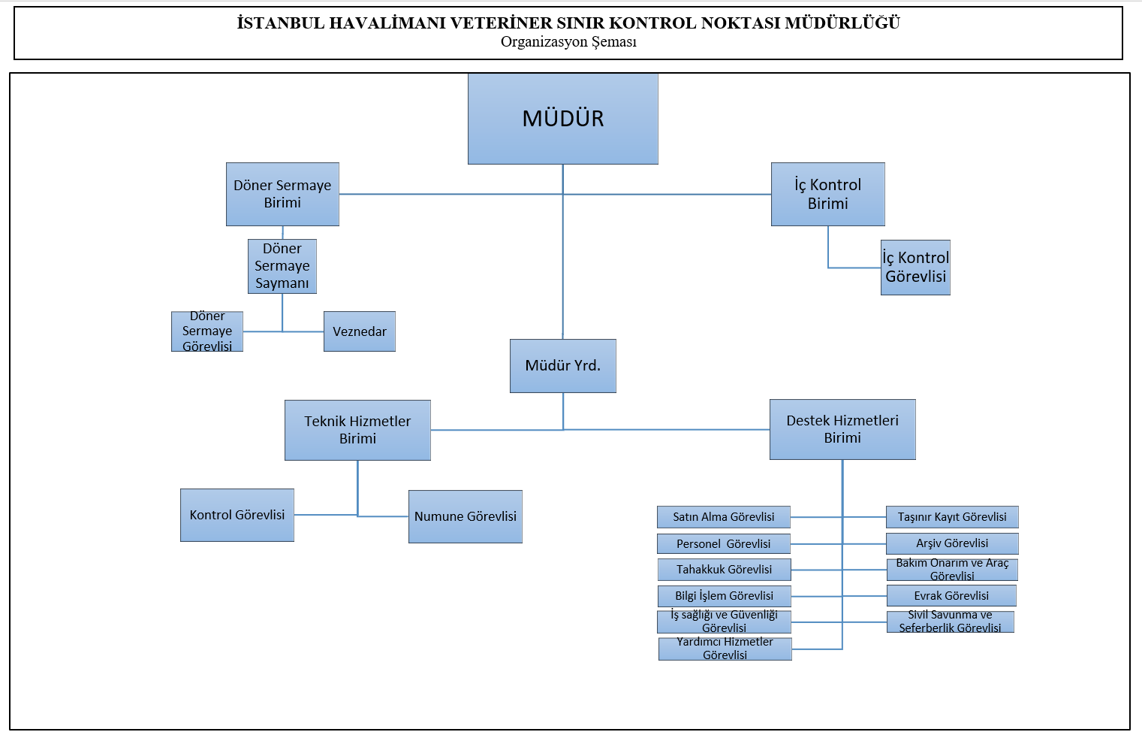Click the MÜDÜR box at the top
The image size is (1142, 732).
[x=563, y=119]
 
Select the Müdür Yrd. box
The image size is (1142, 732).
[x=563, y=366]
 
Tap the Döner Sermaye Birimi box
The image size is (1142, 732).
[x=282, y=194]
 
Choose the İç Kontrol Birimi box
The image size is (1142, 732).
[x=827, y=194]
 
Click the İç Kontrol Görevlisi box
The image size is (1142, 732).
[x=915, y=268]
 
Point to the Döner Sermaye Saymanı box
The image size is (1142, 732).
[x=282, y=266]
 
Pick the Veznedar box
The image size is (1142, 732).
[x=360, y=331]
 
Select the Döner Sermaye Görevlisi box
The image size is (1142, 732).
[x=207, y=331]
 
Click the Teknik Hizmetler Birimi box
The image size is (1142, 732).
[x=357, y=430]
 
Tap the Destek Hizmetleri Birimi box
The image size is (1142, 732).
[x=842, y=429]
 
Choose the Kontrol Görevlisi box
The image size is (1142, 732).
[x=237, y=515]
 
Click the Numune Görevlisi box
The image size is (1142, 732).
[x=466, y=516]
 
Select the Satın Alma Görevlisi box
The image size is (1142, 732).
[x=724, y=517]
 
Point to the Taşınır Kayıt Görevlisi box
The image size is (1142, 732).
[x=952, y=517]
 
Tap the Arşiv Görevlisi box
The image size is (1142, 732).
[x=952, y=543]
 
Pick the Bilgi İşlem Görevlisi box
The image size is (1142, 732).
[x=724, y=596]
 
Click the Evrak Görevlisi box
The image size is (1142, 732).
[x=951, y=596]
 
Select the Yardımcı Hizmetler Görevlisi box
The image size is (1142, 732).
[x=725, y=649]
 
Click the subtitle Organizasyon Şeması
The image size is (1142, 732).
[x=568, y=42]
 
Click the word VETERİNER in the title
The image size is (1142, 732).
[x=500, y=23]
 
